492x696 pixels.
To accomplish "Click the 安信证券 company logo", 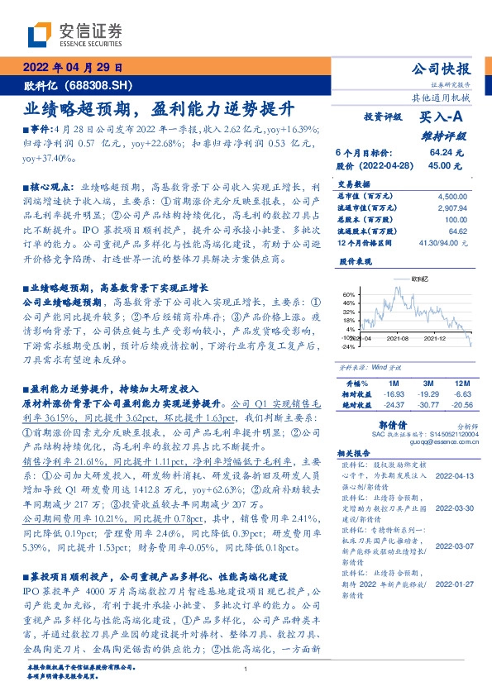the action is pyautogui.click(x=74, y=34).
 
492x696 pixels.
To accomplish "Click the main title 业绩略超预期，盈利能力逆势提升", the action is pyautogui.click(x=158, y=108).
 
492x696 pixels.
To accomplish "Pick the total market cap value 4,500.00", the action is pyautogui.click(x=452, y=197).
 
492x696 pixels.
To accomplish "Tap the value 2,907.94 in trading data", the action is pyautogui.click(x=452, y=208).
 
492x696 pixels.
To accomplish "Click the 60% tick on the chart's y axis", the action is pyautogui.click(x=348, y=294).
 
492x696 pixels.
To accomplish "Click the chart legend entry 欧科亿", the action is pyautogui.click(x=420, y=280).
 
